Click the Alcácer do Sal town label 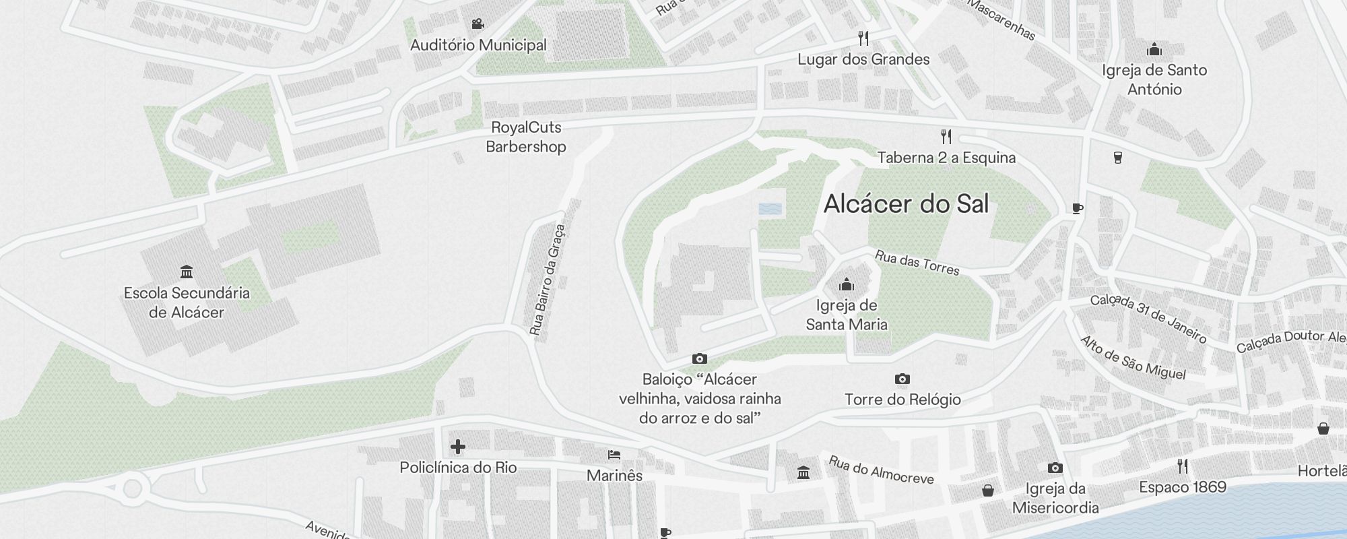click(906, 204)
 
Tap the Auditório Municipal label click(478, 45)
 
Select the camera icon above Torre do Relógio click(902, 379)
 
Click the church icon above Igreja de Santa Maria click(847, 285)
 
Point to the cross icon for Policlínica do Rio click(458, 447)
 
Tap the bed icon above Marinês click(614, 455)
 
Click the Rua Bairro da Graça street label click(547, 280)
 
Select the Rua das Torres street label click(917, 262)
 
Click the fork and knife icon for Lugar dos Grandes click(863, 38)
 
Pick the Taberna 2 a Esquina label click(946, 158)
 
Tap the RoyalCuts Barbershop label click(526, 137)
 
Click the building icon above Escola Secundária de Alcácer click(187, 272)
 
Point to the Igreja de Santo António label click(1154, 80)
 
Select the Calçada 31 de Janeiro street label click(1148, 318)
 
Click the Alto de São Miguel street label click(1133, 358)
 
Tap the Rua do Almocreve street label click(881, 470)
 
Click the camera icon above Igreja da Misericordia click(1055, 468)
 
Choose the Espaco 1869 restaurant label click(1183, 486)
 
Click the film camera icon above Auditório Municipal click(478, 24)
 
